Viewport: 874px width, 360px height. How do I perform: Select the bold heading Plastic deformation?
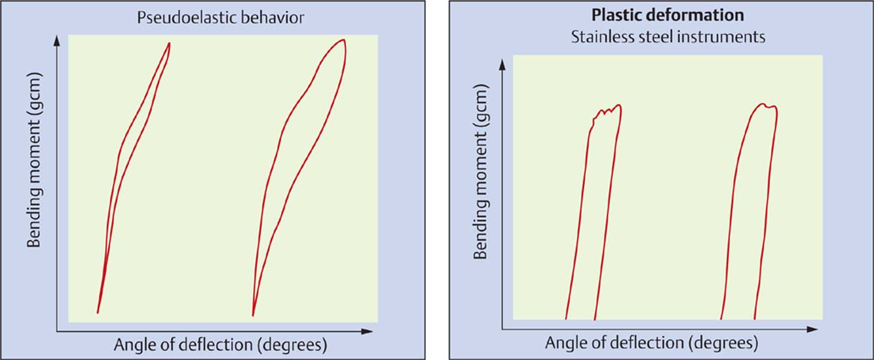click(668, 15)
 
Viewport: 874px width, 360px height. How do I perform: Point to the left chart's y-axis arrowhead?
click(57, 40)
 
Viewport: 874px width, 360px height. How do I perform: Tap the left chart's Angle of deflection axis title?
click(220, 345)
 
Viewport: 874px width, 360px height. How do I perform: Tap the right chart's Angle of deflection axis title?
click(651, 343)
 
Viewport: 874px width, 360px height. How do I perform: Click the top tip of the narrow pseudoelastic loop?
click(169, 43)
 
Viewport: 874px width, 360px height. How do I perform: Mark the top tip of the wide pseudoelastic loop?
click(343, 40)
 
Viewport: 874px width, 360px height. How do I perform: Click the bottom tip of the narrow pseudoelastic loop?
click(97, 312)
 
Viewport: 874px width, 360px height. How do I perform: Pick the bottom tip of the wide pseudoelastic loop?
click(253, 315)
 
